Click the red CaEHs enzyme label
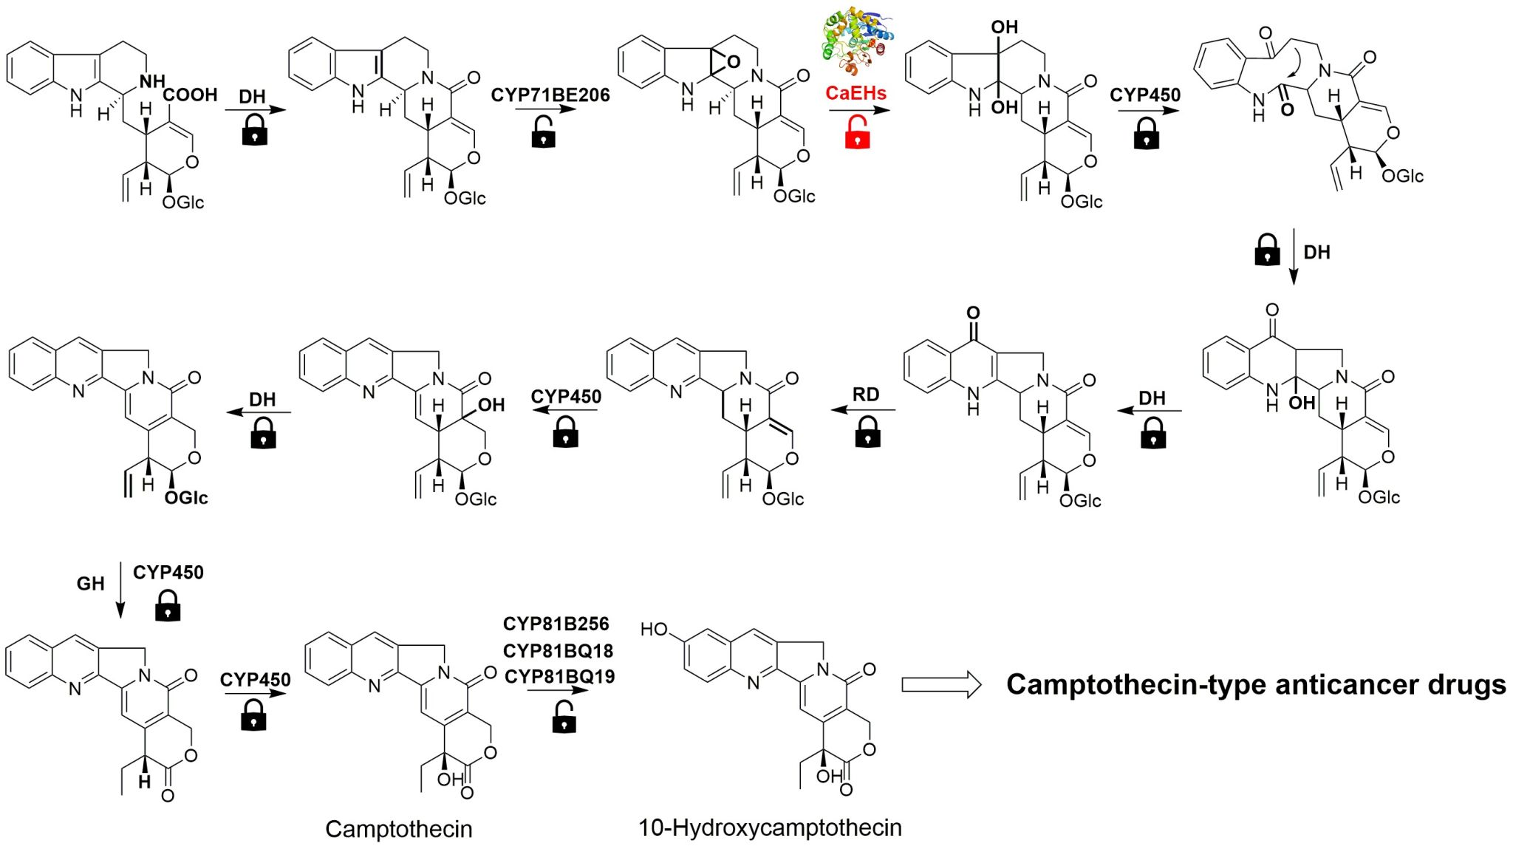click(855, 93)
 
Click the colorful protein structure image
click(857, 41)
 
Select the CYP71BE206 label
click(550, 95)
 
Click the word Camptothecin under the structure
click(398, 829)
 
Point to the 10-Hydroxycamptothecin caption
click(770, 828)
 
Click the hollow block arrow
click(940, 684)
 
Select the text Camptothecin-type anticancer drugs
click(1256, 684)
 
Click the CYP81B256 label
click(556, 624)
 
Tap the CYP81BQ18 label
click(558, 650)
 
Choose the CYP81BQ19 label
click(559, 676)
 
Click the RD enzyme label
click(866, 395)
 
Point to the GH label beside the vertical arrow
click(90, 584)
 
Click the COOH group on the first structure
click(191, 95)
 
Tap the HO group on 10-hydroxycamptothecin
click(654, 629)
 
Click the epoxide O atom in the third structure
click(733, 62)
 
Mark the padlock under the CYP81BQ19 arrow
click(564, 717)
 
